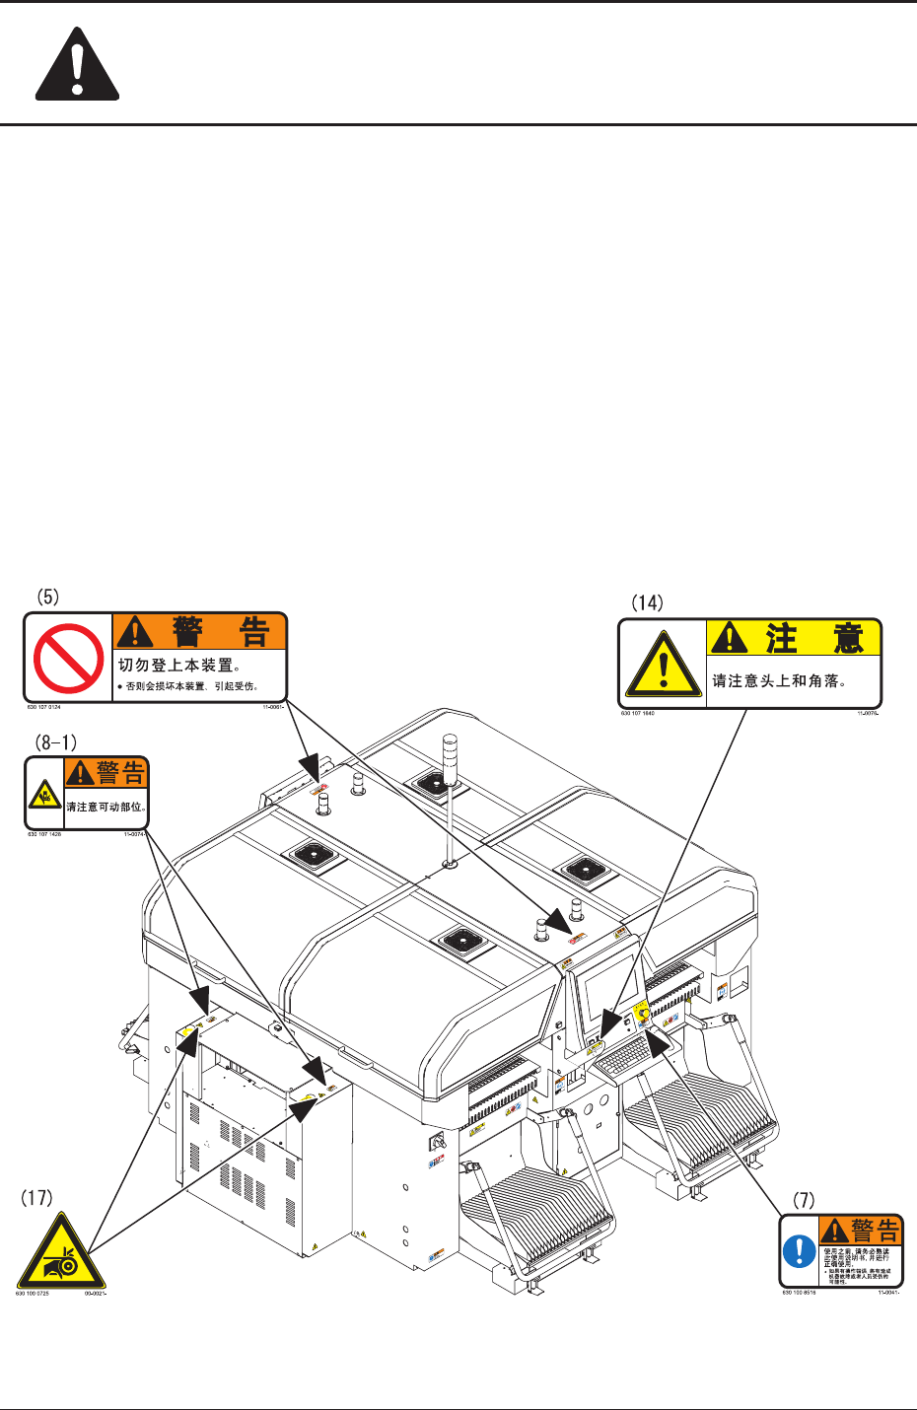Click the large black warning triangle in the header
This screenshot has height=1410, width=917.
(77, 67)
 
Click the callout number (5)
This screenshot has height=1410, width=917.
(48, 597)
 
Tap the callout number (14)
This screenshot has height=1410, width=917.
(647, 601)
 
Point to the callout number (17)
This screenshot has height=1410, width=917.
(36, 1199)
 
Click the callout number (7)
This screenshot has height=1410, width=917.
(805, 1200)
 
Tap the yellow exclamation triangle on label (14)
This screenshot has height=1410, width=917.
(664, 664)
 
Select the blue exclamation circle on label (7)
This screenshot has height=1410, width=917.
(800, 1251)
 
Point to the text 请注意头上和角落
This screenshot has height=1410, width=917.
(779, 681)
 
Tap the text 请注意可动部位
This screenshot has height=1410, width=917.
(106, 807)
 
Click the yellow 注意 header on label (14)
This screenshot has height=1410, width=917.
(794, 639)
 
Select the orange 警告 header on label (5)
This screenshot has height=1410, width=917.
(200, 631)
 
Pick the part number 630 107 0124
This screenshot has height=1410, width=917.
(43, 707)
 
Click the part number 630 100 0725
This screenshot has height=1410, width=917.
(33, 1294)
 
